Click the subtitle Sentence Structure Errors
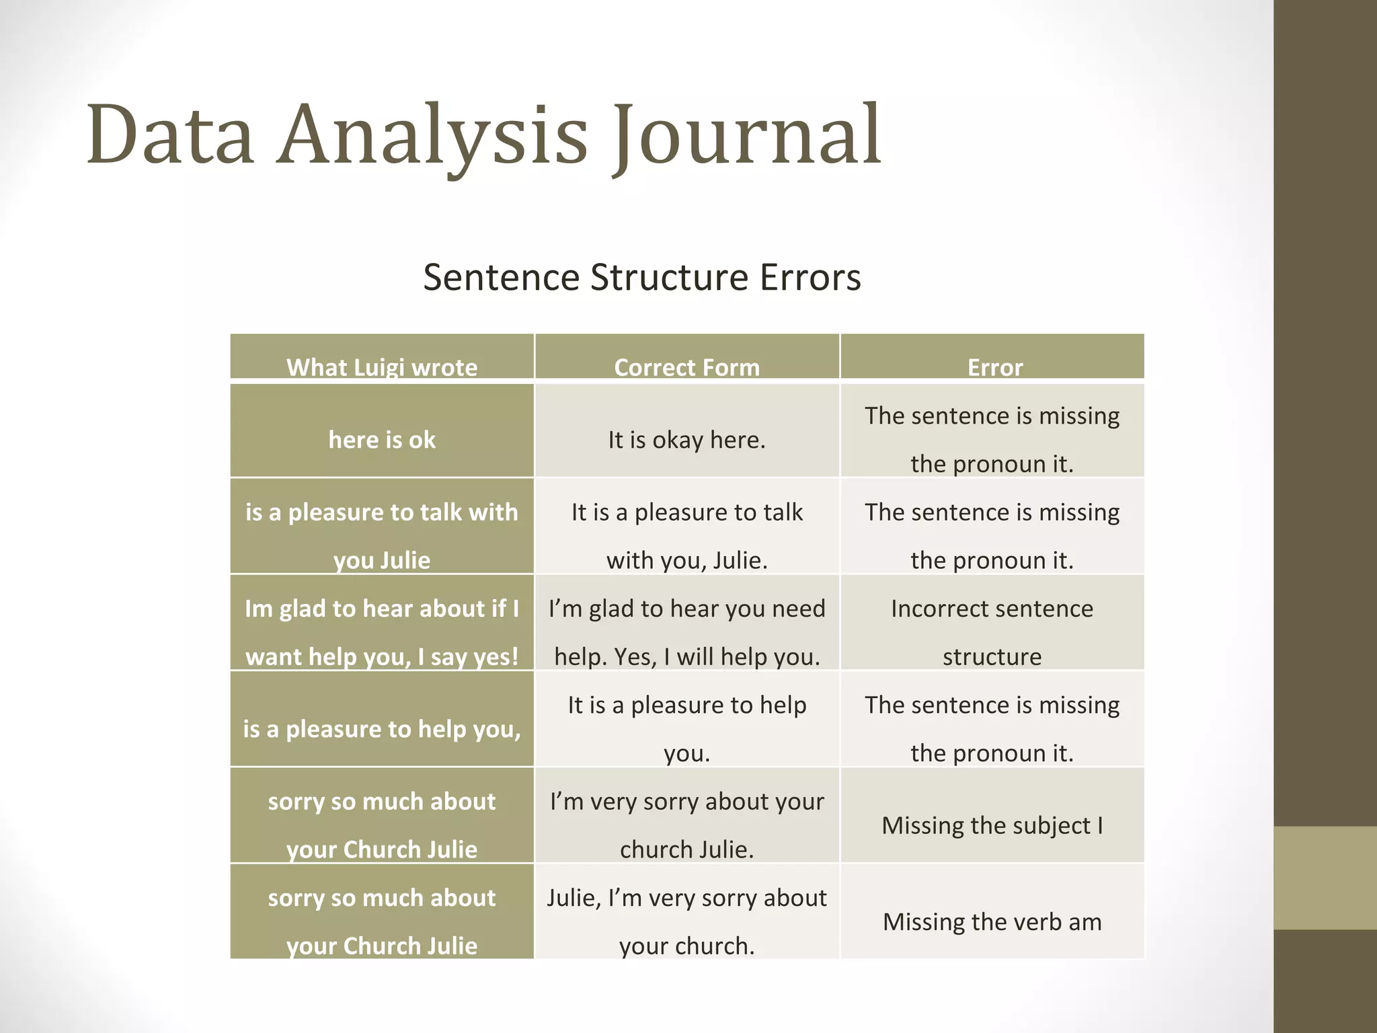click(x=641, y=277)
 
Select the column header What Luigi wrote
click(x=382, y=367)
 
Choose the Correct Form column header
click(x=686, y=367)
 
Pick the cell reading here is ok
click(x=382, y=440)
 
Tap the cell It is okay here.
click(x=686, y=440)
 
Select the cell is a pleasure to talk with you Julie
click(x=382, y=536)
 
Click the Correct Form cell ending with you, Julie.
click(x=686, y=536)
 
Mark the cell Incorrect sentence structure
click(x=992, y=632)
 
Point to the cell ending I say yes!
click(x=382, y=632)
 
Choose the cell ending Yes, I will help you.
click(x=686, y=632)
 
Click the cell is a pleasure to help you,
click(x=382, y=729)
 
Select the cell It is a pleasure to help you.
click(x=686, y=729)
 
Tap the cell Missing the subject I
click(x=992, y=825)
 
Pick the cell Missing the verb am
click(x=992, y=921)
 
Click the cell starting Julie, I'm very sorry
click(x=686, y=921)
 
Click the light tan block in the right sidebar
click(x=1325, y=878)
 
